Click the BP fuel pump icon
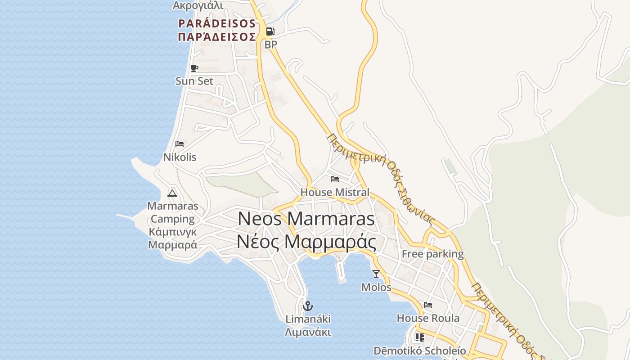tap(270, 31)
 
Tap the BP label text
tap(270, 45)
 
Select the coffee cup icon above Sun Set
tap(194, 68)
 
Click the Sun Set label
tap(194, 81)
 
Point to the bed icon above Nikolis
tap(180, 144)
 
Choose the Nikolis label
tap(180, 157)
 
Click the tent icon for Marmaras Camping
tap(172, 193)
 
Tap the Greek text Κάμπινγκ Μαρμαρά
tap(172, 238)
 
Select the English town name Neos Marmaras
tap(306, 219)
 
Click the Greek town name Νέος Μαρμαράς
tap(306, 242)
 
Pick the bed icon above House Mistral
tap(334, 179)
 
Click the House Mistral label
tap(334, 193)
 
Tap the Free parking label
tap(432, 254)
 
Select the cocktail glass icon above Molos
tap(376, 274)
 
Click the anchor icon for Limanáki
tap(308, 306)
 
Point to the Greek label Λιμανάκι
tap(308, 333)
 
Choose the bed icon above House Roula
tap(428, 305)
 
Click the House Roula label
tap(428, 318)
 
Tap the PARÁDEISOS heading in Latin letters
tap(217, 23)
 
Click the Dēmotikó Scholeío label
tap(419, 351)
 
